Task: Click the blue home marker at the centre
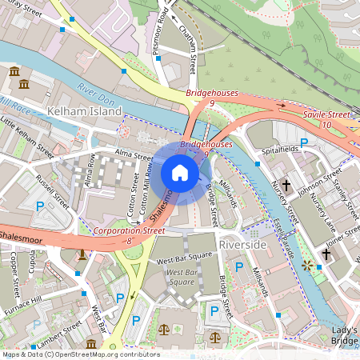180,173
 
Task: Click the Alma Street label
133,158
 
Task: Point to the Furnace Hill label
22,306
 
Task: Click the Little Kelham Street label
27,137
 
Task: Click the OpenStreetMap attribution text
80,354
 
